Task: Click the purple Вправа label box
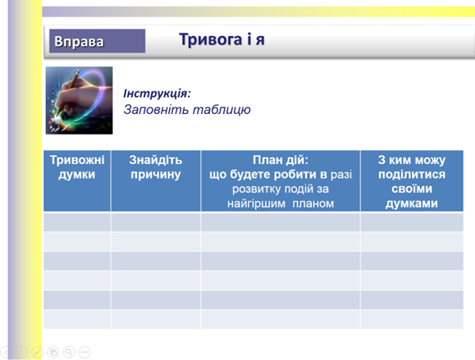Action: [98, 41]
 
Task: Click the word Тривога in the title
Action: [211, 39]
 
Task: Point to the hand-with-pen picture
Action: [79, 101]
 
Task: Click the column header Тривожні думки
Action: [77, 167]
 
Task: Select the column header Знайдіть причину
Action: [156, 167]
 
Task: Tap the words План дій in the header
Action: [281, 160]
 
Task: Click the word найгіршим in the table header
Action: [256, 203]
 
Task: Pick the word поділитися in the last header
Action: [412, 175]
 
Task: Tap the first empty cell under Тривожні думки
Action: [77, 222]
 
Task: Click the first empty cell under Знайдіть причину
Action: [156, 222]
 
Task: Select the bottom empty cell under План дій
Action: [281, 319]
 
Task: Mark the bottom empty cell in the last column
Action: [412, 319]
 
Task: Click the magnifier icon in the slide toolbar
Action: [69, 352]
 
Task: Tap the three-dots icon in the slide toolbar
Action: [84, 352]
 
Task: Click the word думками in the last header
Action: [412, 203]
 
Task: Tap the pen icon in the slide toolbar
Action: [37, 352]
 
